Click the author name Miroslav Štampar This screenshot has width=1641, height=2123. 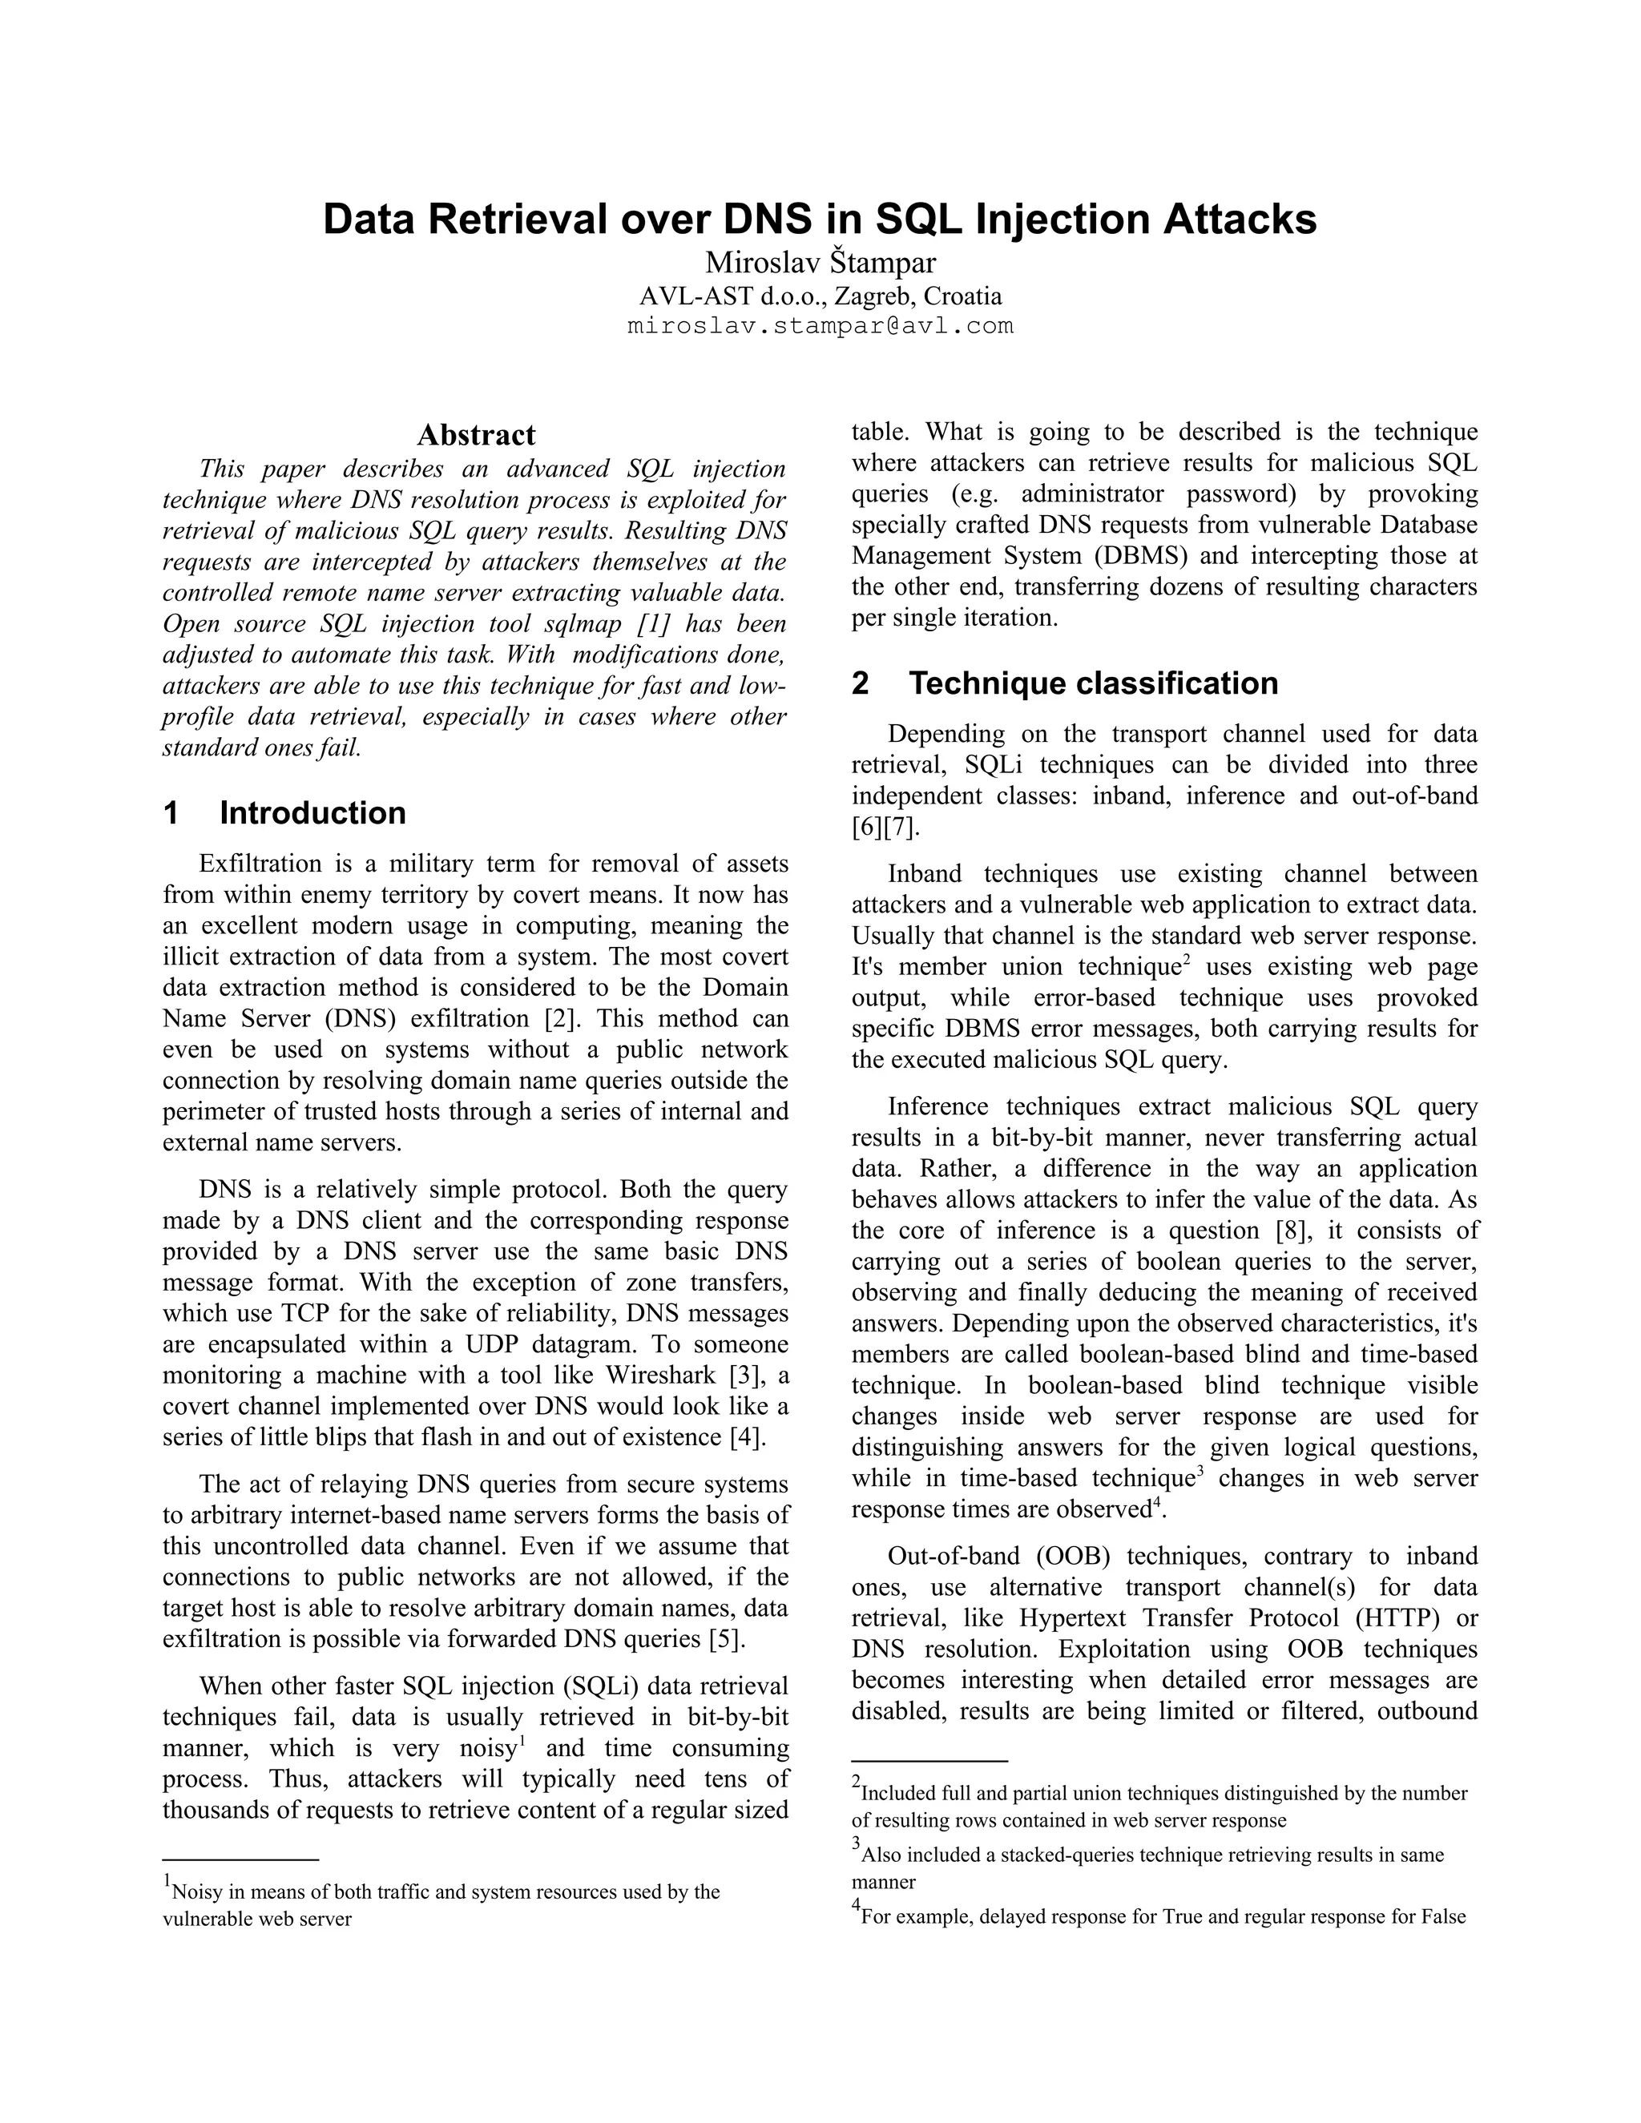point(820,263)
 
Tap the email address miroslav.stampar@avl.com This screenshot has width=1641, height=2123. point(820,325)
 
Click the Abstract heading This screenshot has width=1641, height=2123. point(475,434)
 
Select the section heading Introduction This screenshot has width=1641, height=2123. point(312,812)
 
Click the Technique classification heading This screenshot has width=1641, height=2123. point(1093,683)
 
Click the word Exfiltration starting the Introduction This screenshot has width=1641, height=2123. point(260,863)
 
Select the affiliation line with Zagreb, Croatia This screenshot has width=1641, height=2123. point(820,296)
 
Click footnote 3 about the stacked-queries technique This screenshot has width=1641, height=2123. point(1152,1855)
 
